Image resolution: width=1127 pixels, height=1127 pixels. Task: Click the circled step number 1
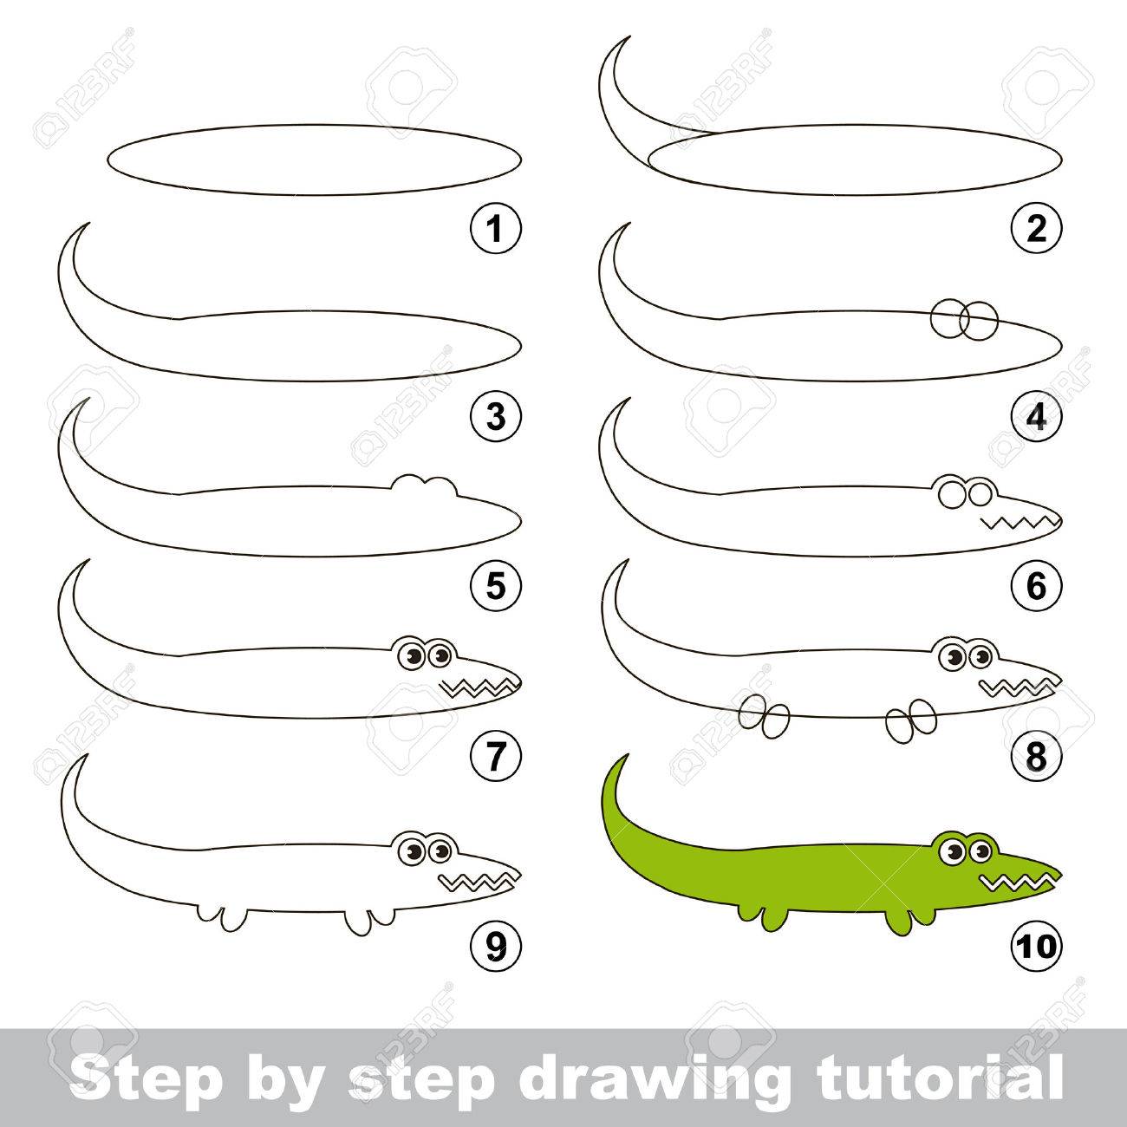click(495, 228)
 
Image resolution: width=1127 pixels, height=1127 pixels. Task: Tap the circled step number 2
click(1036, 228)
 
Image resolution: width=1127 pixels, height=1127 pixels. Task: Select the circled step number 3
click(495, 418)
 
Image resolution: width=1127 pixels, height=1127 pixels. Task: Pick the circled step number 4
click(1036, 418)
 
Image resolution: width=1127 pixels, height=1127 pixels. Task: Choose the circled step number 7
click(495, 757)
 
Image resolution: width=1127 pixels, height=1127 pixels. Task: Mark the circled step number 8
click(1036, 757)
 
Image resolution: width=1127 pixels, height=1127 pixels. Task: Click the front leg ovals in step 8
click(911, 721)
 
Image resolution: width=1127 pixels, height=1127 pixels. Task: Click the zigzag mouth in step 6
click(1019, 522)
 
